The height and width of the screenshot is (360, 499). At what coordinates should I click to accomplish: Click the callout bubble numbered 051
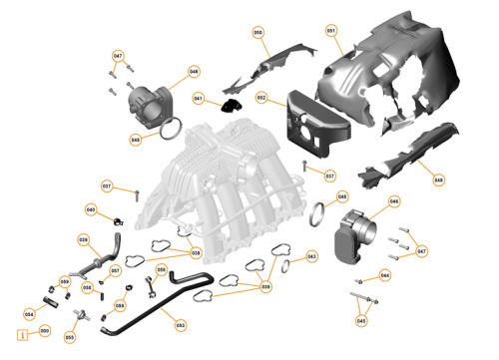330,31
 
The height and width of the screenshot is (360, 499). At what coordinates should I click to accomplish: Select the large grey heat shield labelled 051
399,80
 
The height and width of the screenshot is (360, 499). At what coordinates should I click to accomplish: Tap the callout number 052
260,98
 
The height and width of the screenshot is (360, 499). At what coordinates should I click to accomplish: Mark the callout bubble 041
198,98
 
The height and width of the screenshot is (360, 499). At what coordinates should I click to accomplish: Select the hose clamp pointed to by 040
118,219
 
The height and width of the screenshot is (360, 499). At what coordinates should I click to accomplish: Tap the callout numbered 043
311,256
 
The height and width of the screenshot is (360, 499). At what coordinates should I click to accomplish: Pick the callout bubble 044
385,274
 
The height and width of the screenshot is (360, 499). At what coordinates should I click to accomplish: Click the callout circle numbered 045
361,320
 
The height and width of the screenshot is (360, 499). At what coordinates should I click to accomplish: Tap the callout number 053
180,324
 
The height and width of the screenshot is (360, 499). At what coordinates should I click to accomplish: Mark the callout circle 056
162,269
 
